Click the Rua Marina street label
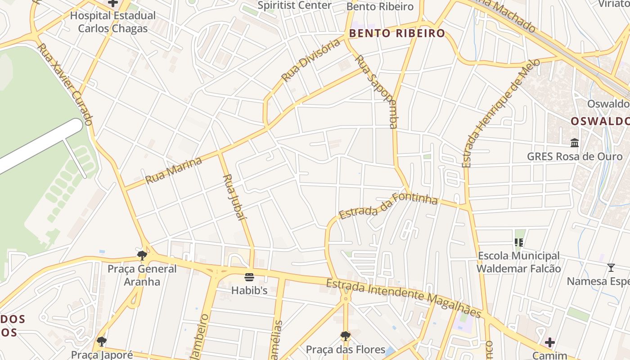click(x=173, y=171)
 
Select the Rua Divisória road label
click(x=310, y=60)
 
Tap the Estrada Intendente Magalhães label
click(x=404, y=297)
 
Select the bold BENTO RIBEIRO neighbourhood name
click(x=397, y=33)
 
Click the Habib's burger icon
click(x=249, y=277)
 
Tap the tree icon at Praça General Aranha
click(x=142, y=256)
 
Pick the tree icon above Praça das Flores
click(x=345, y=336)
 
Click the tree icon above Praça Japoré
click(x=102, y=341)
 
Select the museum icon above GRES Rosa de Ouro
click(x=575, y=143)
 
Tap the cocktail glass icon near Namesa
click(x=611, y=268)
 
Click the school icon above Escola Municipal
click(x=518, y=243)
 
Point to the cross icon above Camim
click(x=549, y=342)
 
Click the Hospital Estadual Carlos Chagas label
click(x=112, y=22)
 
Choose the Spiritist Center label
click(x=294, y=5)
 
